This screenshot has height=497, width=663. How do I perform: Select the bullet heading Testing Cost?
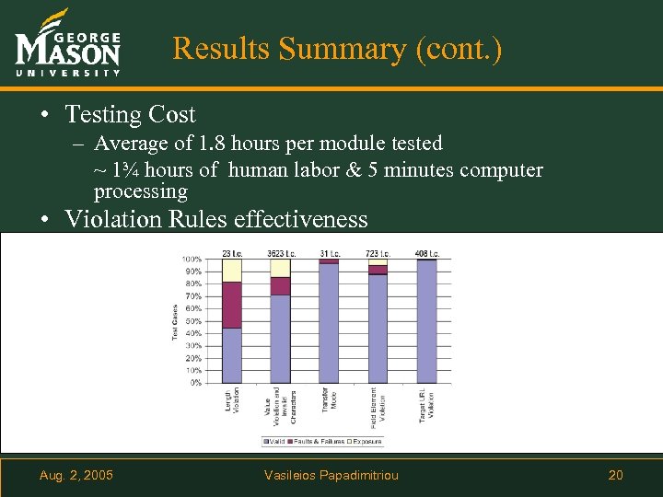[x=130, y=114]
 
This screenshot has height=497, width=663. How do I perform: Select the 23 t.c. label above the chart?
[x=232, y=253]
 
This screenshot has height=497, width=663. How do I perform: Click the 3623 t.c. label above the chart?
[x=281, y=253]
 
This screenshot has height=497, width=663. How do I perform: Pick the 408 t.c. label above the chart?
[x=427, y=253]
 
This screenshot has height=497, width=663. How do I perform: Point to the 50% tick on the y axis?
[x=192, y=320]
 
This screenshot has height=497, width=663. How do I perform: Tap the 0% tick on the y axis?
[x=194, y=382]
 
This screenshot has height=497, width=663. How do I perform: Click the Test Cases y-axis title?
[x=175, y=321]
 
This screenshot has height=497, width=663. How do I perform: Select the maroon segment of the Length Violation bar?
[x=232, y=305]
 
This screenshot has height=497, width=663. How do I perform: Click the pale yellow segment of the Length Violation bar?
[x=232, y=271]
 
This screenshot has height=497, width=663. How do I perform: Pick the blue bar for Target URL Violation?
[x=427, y=321]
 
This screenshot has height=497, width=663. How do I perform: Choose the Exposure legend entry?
[x=367, y=442]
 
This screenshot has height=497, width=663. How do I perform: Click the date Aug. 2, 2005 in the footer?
[x=76, y=475]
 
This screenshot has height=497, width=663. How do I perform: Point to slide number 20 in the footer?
[x=616, y=475]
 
